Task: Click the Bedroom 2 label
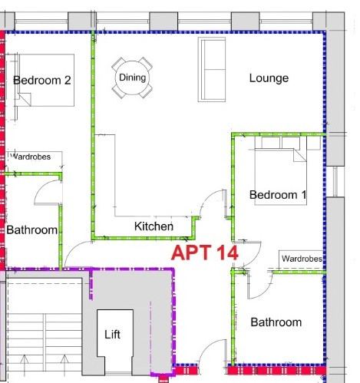(42, 81)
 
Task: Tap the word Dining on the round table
(133, 78)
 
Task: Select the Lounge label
(269, 78)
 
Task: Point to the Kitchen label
(154, 226)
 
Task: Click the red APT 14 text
(205, 253)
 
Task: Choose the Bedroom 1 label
(278, 195)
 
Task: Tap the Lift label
(112, 334)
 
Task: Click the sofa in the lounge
(212, 70)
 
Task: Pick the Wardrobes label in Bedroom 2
(31, 157)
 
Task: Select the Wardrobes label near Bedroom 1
(302, 259)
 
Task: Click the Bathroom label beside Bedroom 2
(31, 229)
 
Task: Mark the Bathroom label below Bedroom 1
(276, 322)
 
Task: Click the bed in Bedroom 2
(45, 80)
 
